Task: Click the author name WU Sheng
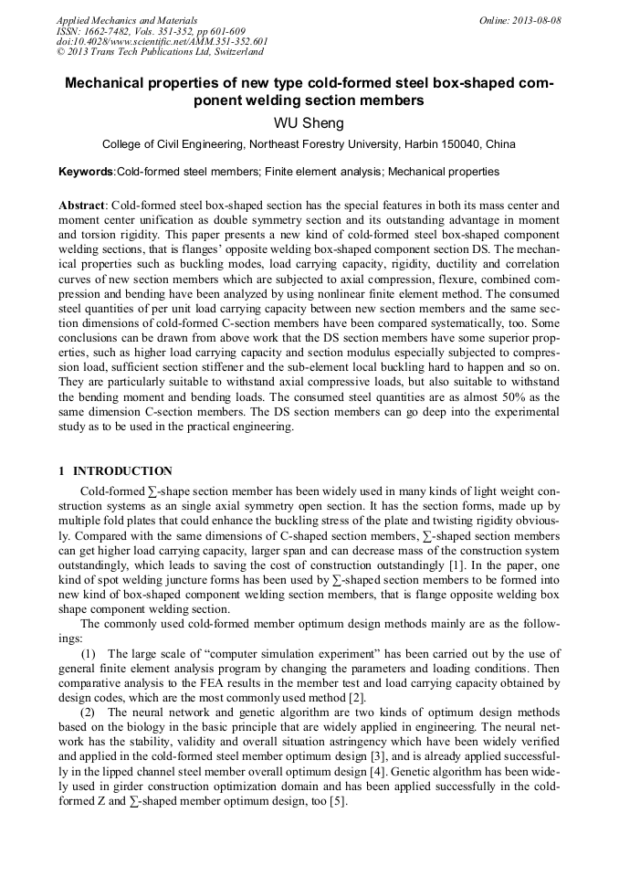tap(309, 123)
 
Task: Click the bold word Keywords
tap(86, 172)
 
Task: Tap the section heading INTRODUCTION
tap(122, 471)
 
